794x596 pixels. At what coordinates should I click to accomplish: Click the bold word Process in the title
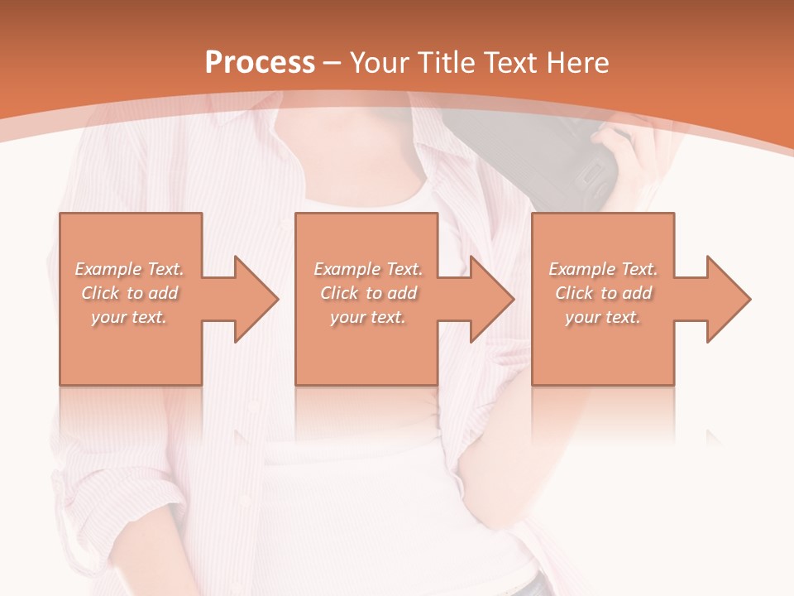pos(260,63)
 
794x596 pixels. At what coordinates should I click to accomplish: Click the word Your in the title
pos(380,63)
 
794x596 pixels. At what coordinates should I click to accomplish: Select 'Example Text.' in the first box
pos(130,269)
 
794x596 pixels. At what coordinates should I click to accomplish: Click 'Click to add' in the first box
pos(130,293)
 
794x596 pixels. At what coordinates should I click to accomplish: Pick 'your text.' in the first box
pos(130,317)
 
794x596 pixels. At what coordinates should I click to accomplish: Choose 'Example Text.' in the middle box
pos(368,269)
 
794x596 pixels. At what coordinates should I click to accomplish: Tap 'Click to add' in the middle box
pos(368,293)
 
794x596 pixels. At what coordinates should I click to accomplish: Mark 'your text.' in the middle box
pos(368,317)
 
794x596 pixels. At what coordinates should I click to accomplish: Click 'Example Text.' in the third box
pos(603,269)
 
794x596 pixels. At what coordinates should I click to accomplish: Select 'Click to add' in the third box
pos(603,293)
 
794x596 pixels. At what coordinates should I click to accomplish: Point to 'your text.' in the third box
pos(603,317)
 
